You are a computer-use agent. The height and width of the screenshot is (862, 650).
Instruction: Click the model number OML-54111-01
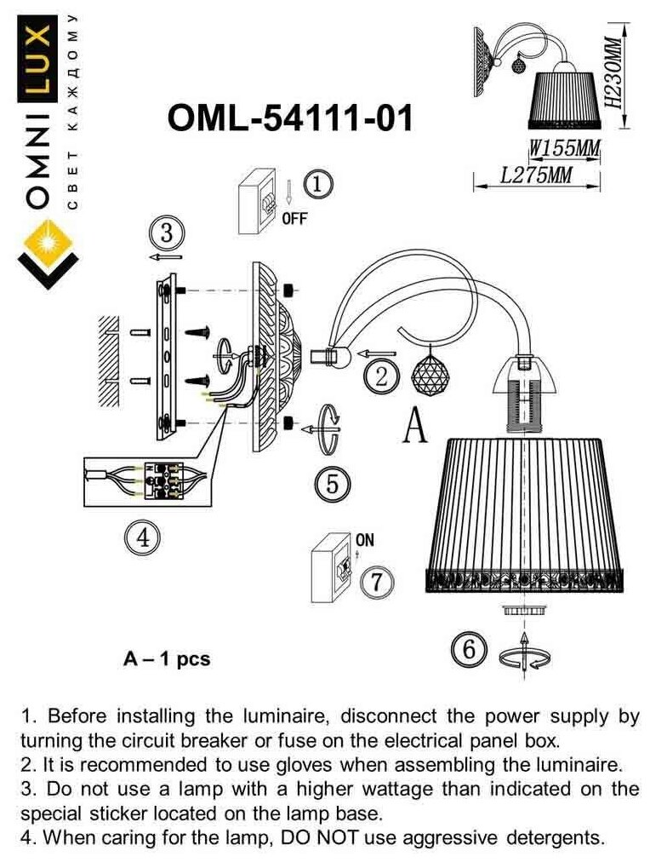[291, 118]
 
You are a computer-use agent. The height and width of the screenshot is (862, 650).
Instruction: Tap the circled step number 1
[316, 183]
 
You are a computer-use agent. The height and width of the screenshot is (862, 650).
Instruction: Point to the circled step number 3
[166, 232]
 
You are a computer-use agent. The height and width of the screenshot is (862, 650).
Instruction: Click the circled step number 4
[142, 537]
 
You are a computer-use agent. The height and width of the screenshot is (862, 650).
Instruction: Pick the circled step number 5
[332, 483]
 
